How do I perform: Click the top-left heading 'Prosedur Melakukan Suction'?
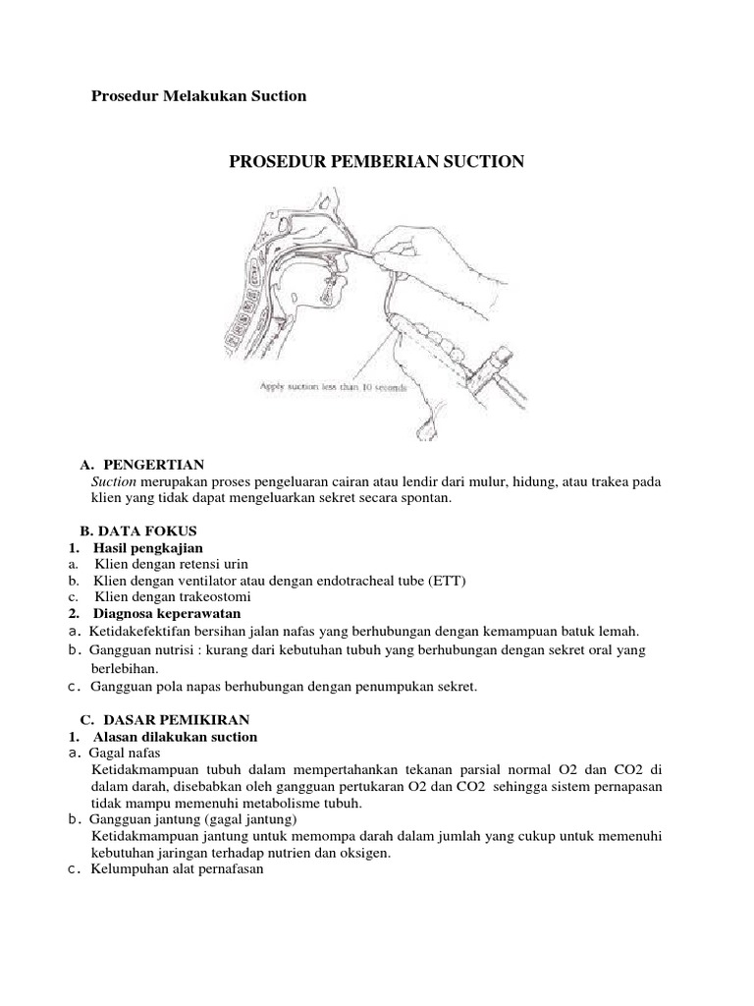pyautogui.click(x=198, y=96)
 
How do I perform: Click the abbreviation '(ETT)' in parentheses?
pyautogui.click(x=448, y=581)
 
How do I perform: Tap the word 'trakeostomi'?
pyautogui.click(x=218, y=597)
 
